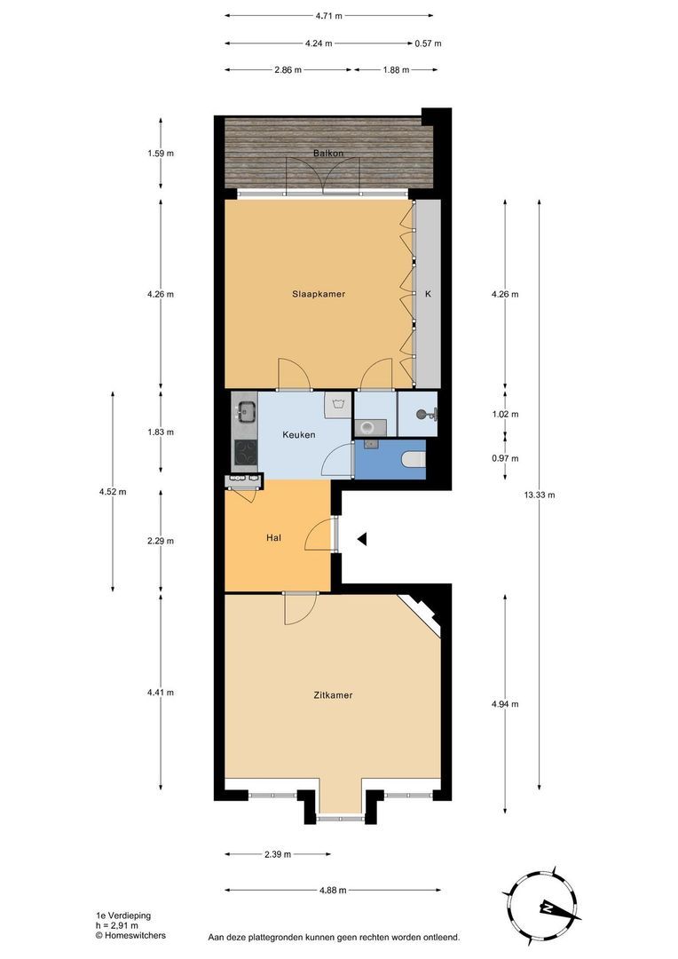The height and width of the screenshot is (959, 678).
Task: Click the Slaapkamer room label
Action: coord(318,294)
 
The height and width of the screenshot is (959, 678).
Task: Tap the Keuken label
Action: coord(299,435)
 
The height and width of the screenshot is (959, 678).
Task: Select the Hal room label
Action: coord(273,538)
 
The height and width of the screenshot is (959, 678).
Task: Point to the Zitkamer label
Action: coord(333,695)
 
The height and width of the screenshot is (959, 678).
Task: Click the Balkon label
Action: coord(328,154)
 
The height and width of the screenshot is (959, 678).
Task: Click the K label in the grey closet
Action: coord(428,294)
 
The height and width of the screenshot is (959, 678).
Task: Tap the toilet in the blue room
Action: coord(414,458)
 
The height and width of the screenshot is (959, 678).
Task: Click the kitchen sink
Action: coord(247,410)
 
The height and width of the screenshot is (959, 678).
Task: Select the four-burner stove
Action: coord(246,454)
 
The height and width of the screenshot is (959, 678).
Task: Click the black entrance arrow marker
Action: coord(362,539)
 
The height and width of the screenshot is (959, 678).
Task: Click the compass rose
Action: coord(541,902)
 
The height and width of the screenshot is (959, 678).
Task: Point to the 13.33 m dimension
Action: coord(540,495)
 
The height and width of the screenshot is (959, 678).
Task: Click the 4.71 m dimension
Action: coord(329,16)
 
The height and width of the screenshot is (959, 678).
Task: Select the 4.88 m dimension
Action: coord(333,890)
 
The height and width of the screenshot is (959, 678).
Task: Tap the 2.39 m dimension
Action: coord(278,854)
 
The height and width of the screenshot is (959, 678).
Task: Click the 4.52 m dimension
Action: coord(113,492)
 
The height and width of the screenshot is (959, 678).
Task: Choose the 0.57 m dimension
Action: coord(428,44)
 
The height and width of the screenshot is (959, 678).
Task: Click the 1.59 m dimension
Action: coord(161,154)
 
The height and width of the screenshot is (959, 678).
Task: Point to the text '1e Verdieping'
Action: coord(122,915)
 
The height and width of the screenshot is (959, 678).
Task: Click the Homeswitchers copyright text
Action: coord(130,935)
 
